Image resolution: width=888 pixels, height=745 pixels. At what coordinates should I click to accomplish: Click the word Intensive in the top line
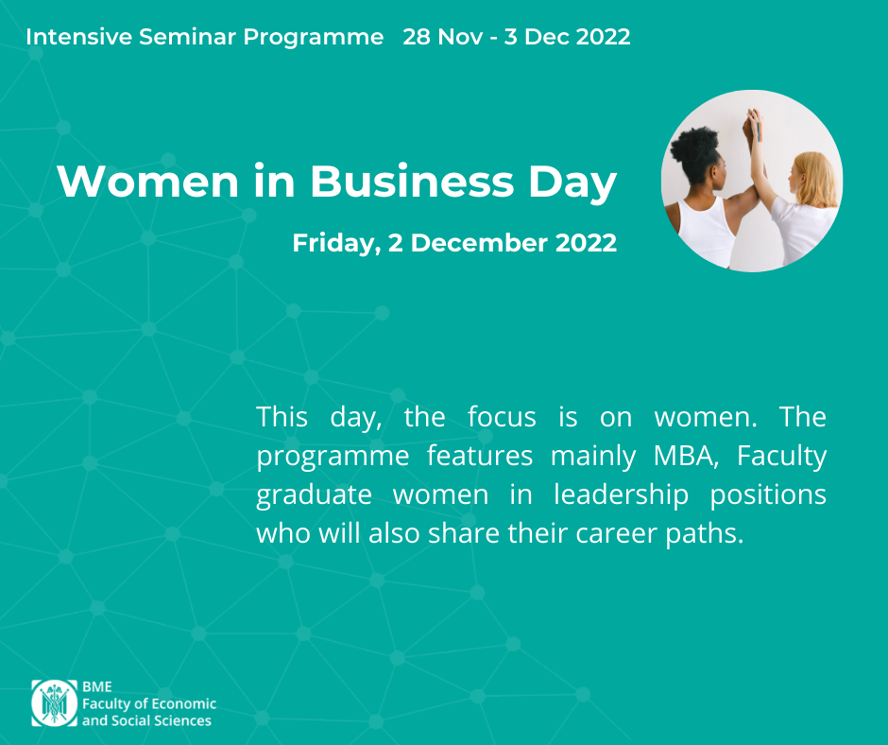78,37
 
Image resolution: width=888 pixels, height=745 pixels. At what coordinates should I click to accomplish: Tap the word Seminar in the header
187,37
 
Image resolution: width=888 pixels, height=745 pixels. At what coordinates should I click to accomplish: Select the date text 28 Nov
443,37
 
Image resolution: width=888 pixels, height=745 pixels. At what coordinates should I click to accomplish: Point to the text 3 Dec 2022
567,37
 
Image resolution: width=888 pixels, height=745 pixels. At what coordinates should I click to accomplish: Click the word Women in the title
147,182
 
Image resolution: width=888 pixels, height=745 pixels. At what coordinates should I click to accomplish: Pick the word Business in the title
412,182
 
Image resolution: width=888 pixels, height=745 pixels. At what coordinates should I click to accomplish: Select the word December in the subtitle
479,243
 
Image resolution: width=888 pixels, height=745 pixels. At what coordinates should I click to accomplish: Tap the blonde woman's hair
817,178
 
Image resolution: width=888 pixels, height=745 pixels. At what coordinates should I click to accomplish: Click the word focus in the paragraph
502,417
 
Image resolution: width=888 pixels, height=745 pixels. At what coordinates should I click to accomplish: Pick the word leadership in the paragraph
621,494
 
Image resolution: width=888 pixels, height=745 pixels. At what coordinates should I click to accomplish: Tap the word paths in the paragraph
705,533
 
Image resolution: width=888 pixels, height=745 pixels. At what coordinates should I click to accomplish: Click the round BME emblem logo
55,703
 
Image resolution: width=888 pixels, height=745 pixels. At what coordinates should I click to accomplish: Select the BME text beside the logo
97,686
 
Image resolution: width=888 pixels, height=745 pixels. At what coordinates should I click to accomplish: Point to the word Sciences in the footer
182,720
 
